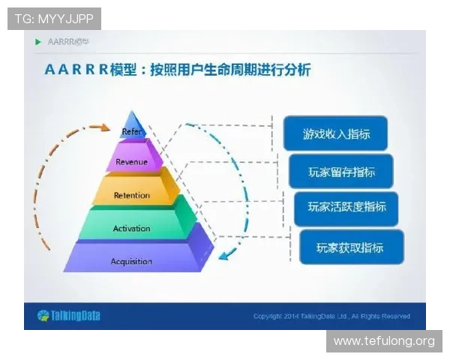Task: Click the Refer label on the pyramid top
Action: click(132, 131)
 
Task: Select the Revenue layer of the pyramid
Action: click(132, 161)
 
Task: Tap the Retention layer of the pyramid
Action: click(132, 195)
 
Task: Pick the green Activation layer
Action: click(132, 228)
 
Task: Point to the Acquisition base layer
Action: click(132, 261)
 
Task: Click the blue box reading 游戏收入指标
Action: click(335, 133)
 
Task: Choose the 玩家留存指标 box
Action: click(341, 172)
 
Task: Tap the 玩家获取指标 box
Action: click(350, 247)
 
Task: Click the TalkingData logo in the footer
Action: click(68, 316)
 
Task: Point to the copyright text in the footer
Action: click(331, 316)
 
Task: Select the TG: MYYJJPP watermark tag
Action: click(54, 18)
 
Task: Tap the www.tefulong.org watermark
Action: click(383, 341)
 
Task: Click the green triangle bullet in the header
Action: click(38, 41)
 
